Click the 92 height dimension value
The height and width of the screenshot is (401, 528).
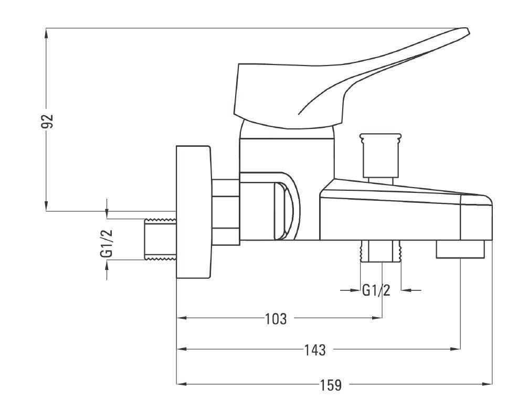point(47,121)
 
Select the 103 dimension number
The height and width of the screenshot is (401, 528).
point(276,319)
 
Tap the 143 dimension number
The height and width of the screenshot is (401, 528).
point(315,350)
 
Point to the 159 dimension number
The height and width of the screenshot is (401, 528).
point(331,385)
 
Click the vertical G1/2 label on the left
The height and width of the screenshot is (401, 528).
point(107,244)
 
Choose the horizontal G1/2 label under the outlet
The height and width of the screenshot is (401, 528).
point(376,290)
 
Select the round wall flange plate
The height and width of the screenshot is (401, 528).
point(194,212)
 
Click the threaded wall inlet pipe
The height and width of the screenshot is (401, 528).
point(161,239)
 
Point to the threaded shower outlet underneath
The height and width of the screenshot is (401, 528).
point(381,251)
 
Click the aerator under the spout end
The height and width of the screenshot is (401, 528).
point(460,250)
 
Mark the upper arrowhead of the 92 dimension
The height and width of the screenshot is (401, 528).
point(46,33)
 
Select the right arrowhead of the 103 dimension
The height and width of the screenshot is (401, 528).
point(377,317)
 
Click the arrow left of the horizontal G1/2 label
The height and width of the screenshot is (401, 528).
point(350,290)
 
